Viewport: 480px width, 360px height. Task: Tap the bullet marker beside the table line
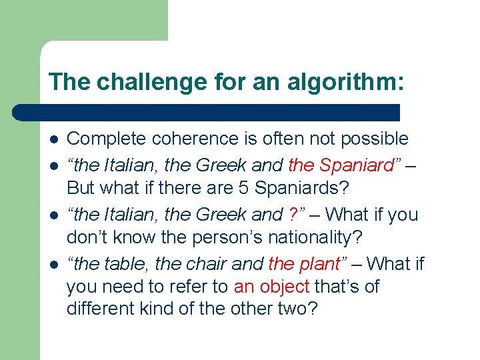pyautogui.click(x=53, y=265)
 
